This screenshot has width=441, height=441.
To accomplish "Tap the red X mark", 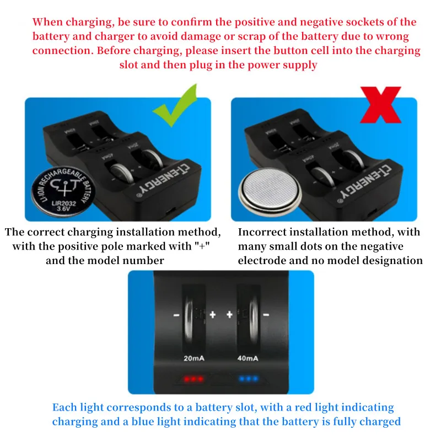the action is (x=380, y=105).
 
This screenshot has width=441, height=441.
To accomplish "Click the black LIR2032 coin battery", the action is (x=63, y=191).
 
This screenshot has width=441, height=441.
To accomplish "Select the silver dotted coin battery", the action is (x=270, y=192).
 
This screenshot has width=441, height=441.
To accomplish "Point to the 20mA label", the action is (x=194, y=358).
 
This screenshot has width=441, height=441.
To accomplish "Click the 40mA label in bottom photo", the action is (x=248, y=358).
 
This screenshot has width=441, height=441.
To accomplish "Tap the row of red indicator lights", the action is (x=193, y=379).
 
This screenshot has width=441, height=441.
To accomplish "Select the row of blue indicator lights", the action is (x=249, y=379).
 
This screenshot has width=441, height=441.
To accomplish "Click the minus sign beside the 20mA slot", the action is (x=176, y=315).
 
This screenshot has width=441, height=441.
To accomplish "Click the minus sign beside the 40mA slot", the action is (x=266, y=315).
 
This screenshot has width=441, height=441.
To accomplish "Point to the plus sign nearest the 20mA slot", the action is (x=213, y=314).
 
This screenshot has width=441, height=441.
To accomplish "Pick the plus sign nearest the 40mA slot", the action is (x=229, y=314).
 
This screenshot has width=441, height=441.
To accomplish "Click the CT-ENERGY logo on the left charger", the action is (x=163, y=180).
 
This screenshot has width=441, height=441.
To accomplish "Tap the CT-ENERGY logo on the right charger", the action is (x=365, y=182).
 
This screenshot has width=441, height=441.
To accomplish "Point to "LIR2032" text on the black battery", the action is (x=64, y=203).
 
